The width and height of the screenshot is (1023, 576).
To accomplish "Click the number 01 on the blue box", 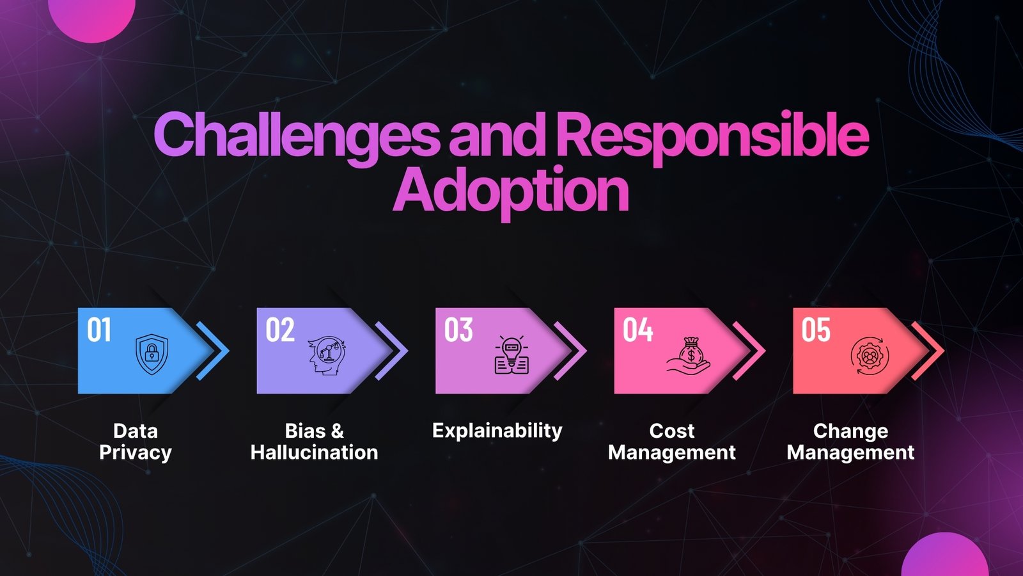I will (x=99, y=330).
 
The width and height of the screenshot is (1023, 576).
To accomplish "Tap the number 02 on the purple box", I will (x=280, y=330).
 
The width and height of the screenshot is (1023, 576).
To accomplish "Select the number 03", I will (x=458, y=330).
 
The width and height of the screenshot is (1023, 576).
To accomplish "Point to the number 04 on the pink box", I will (x=637, y=330).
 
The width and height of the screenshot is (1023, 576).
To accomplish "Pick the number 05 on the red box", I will (x=816, y=330).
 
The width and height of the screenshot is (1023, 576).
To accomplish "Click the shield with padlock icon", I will (x=152, y=354).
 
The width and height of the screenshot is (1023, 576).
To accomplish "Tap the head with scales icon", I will (x=327, y=355).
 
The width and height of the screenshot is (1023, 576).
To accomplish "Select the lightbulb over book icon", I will (x=511, y=355).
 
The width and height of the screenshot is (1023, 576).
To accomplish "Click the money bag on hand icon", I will (x=689, y=355).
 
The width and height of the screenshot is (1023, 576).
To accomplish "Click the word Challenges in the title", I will (x=296, y=136).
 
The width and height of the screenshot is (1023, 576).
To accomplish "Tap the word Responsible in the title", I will (x=712, y=136).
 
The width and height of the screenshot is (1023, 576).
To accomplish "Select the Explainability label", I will (x=497, y=431).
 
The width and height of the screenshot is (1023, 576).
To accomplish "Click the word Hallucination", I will (x=314, y=452).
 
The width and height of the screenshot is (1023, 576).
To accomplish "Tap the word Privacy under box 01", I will (x=136, y=452).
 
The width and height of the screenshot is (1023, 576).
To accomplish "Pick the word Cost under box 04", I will (x=671, y=431).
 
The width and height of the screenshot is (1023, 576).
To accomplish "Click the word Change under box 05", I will (x=850, y=431).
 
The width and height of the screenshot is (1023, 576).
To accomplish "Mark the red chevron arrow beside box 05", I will (x=930, y=351).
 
